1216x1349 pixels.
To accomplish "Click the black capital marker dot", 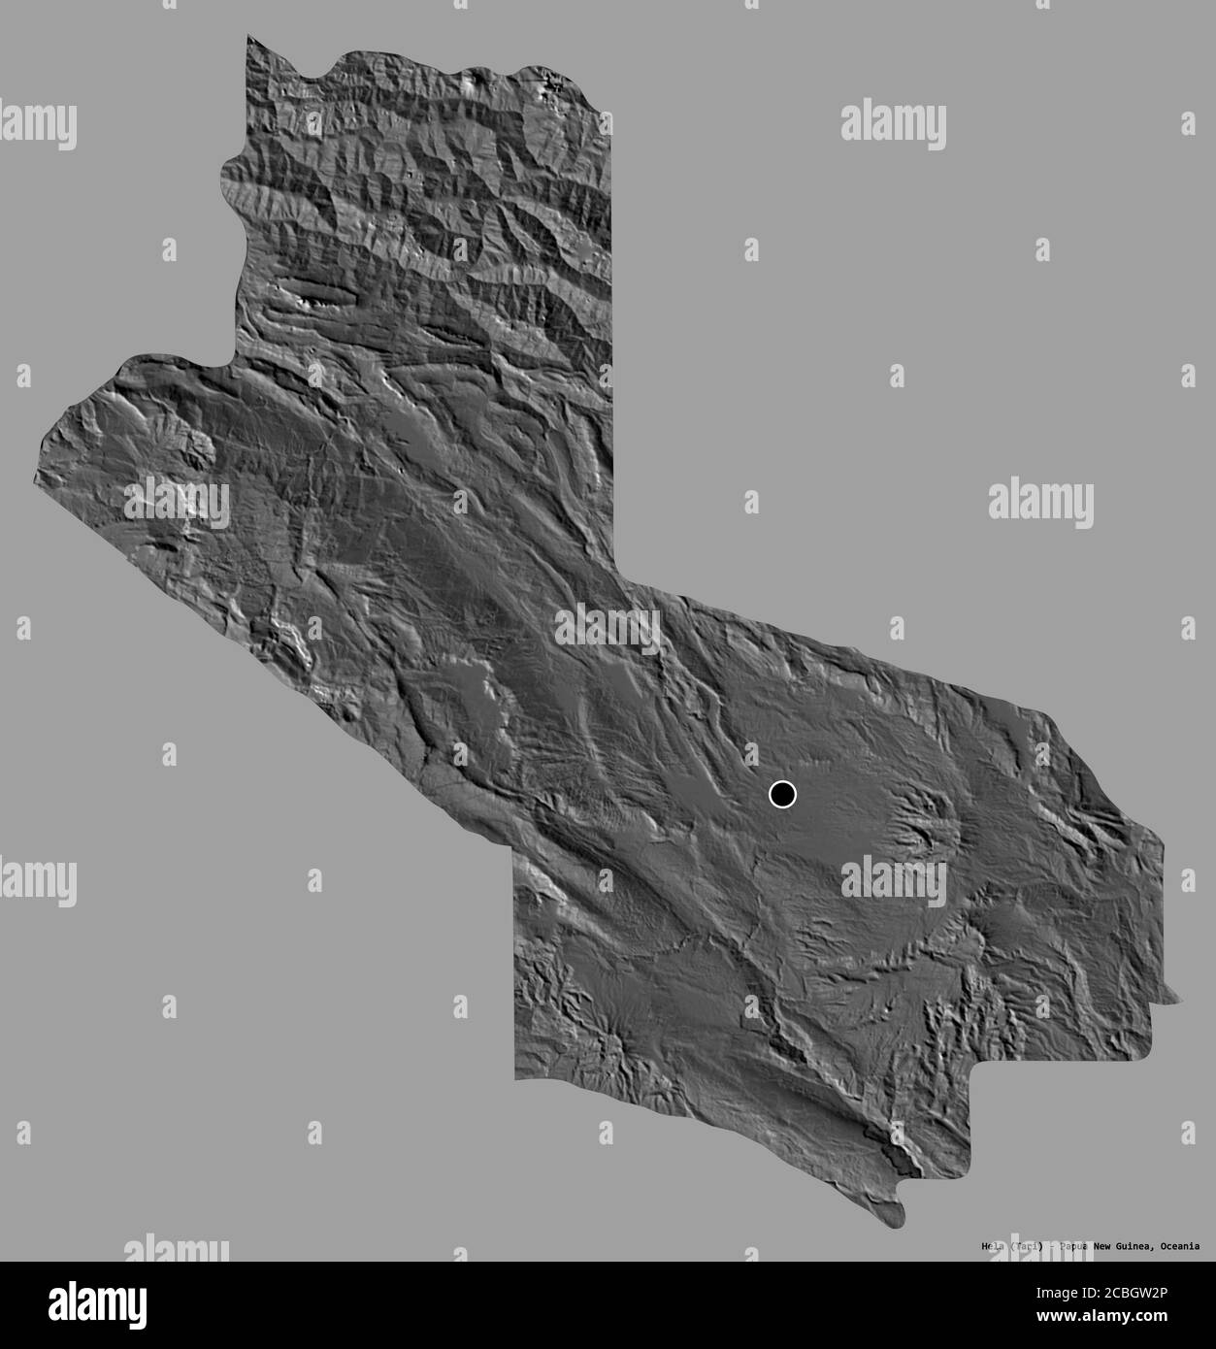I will (782, 795).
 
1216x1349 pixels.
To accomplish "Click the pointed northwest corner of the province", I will (248, 37).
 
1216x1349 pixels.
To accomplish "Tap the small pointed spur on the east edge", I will (1176, 996).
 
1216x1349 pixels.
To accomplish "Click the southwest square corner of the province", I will (516, 1077).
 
